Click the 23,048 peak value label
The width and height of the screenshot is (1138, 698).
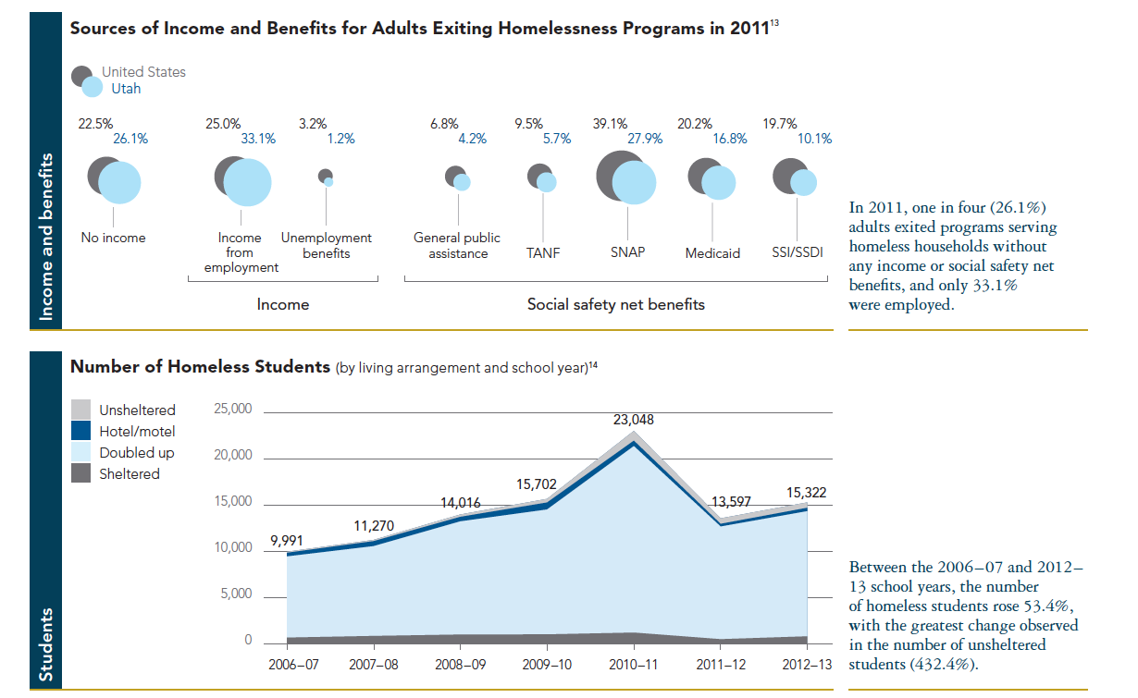[634, 420]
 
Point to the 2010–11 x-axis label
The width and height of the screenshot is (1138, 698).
[633, 664]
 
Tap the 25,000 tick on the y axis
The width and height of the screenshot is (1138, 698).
[232, 410]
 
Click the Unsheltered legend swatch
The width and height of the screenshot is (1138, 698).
[81, 410]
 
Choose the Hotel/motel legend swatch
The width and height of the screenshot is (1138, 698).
[81, 431]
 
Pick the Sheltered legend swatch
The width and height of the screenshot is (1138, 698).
[81, 473]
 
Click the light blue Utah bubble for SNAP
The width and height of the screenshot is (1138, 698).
[634, 183]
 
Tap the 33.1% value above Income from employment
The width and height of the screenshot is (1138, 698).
[258, 140]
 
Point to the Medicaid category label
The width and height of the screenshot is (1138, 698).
[712, 253]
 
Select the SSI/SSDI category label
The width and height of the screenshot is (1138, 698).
[797, 252]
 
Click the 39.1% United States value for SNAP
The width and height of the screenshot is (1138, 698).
[610, 124]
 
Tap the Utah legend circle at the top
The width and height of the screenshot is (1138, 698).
[92, 89]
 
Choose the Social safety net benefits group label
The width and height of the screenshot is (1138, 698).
[615, 304]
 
